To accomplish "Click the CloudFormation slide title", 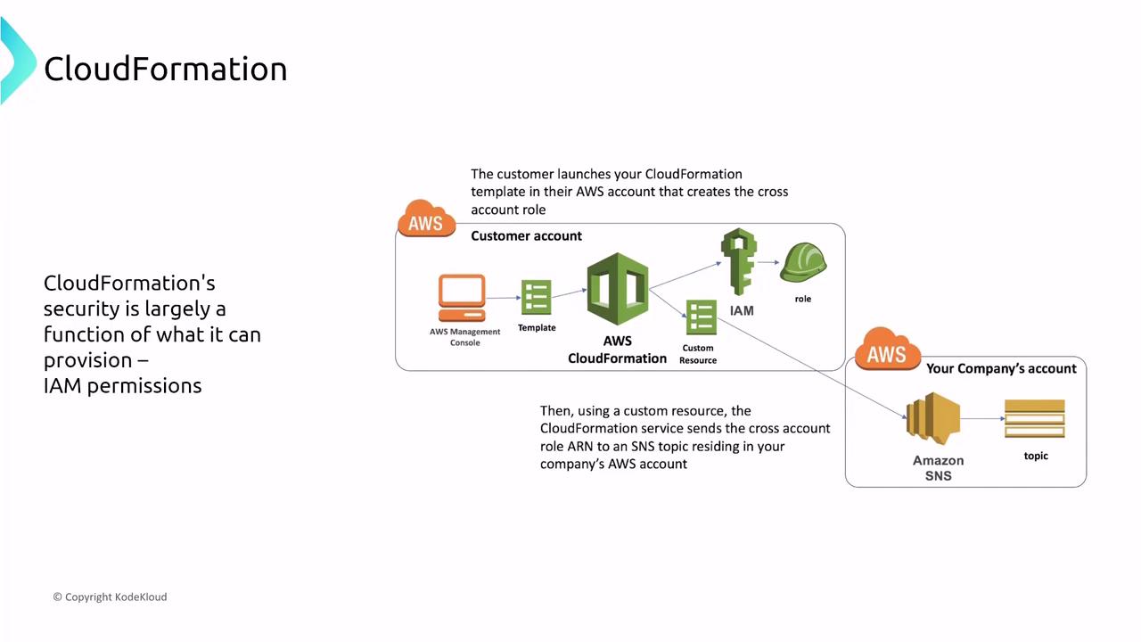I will click(165, 69).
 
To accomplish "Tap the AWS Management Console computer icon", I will click(462, 298).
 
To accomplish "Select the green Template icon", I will click(536, 298).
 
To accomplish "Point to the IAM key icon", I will click(739, 262).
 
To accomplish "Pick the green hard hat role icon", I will click(803, 265).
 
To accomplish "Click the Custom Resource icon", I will click(701, 317).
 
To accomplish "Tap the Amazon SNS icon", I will click(933, 417).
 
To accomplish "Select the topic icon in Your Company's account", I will click(1034, 419).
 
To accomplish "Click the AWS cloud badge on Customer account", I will click(426, 220).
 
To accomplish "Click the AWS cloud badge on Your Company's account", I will click(887, 350).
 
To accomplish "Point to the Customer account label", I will click(526, 236).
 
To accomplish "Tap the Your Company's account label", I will click(1001, 368).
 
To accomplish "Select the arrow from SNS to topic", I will click(981, 418).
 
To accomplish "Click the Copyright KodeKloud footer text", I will click(110, 597).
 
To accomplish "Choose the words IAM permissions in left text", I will click(122, 386).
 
